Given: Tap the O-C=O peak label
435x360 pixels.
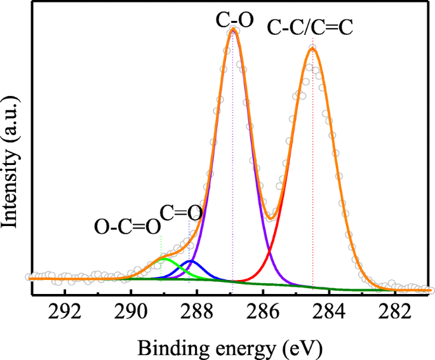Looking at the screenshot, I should pyautogui.click(x=126, y=227).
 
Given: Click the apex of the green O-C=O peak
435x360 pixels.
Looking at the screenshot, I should pyautogui.click(x=164, y=259).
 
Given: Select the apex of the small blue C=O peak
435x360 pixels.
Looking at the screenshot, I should pyautogui.click(x=191, y=261).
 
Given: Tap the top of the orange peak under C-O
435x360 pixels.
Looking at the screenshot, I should pyautogui.click(x=234, y=29).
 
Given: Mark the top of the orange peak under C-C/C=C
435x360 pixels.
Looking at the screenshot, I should pyautogui.click(x=312, y=48).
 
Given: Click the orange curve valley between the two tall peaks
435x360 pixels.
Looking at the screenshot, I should pyautogui.click(x=271, y=219).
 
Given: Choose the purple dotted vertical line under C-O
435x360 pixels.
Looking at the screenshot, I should pyautogui.click(x=233, y=159).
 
